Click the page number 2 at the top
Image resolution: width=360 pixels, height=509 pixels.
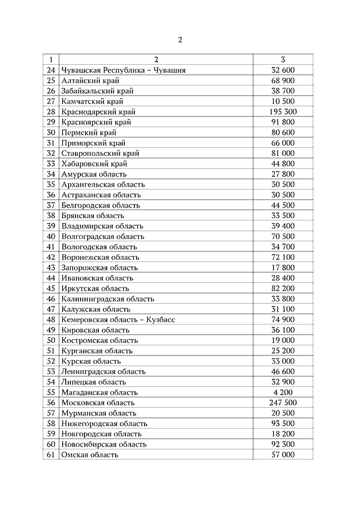click(x=180, y=39)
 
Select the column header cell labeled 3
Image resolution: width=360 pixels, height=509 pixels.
click(x=283, y=60)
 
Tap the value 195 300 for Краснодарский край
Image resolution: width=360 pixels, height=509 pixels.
click(x=283, y=112)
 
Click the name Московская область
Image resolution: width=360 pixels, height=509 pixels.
click(x=98, y=403)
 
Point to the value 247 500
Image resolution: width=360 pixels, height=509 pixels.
click(x=283, y=403)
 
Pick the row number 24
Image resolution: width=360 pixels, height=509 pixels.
click(x=51, y=70)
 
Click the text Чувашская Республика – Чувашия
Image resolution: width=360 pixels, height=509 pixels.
click(x=124, y=70)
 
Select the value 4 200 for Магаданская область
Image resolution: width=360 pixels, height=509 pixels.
click(x=283, y=393)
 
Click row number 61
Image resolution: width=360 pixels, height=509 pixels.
click(x=51, y=454)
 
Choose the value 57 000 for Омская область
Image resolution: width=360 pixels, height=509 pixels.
click(x=283, y=454)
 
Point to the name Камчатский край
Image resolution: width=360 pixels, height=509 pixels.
click(x=92, y=101)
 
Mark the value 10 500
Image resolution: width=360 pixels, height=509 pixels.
click(x=283, y=101)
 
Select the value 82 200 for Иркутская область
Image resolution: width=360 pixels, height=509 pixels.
click(x=283, y=289)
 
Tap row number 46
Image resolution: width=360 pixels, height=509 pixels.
click(x=51, y=299)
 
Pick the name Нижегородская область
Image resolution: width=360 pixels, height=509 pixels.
click(x=105, y=424)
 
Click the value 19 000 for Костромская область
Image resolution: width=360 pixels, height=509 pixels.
click(x=283, y=340)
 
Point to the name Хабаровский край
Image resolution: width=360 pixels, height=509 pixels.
click(x=94, y=164)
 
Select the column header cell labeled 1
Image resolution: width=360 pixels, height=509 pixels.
click(x=51, y=60)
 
